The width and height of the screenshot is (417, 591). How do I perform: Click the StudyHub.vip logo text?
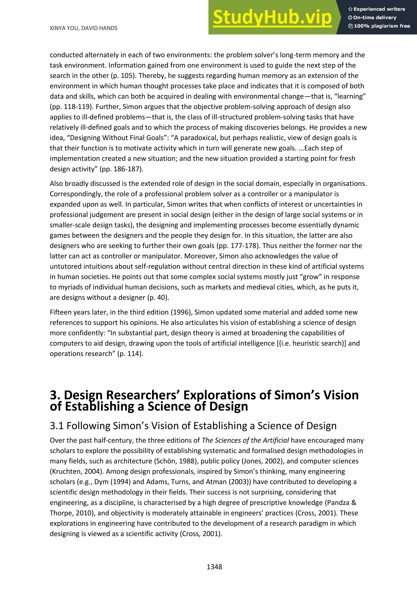click(x=272, y=18)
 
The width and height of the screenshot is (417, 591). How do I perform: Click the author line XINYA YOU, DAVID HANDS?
click(x=83, y=28)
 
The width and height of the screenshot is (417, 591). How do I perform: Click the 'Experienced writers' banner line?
click(x=377, y=9)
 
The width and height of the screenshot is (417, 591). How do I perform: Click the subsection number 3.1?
click(x=57, y=426)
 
